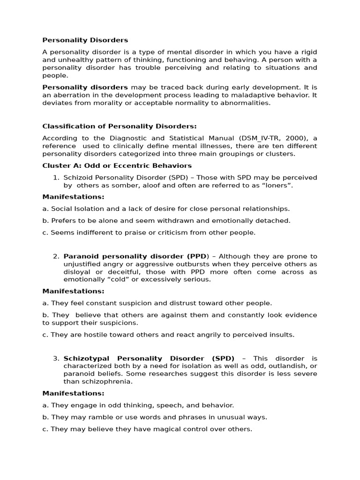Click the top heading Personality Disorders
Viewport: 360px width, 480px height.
click(85, 40)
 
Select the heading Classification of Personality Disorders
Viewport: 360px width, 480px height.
click(120, 126)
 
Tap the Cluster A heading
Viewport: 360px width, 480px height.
click(117, 165)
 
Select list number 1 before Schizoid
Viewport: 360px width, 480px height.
click(56, 178)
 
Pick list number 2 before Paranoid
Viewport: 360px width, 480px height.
click(56, 256)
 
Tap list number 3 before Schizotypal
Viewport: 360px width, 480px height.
click(56, 359)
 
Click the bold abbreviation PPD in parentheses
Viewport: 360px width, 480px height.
click(196, 256)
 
